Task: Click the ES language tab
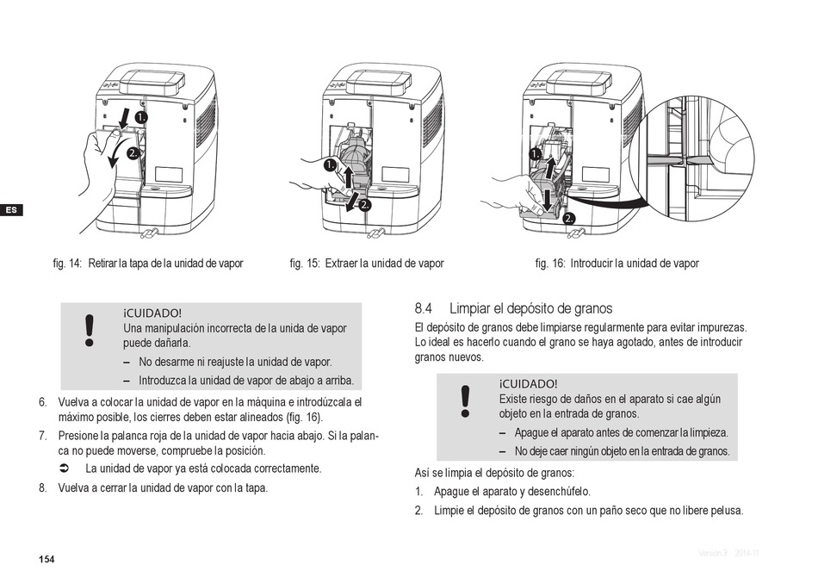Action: [x=10, y=210]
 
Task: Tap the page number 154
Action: [x=46, y=560]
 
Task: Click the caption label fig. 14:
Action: [x=67, y=264]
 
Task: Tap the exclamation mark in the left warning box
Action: [x=88, y=331]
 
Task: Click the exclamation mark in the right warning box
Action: [x=465, y=402]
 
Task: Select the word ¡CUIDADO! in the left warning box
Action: [x=153, y=313]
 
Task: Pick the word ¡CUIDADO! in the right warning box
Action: [x=528, y=384]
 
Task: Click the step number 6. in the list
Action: [x=42, y=402]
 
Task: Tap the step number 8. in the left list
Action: [x=42, y=487]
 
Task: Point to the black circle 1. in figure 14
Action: [x=139, y=115]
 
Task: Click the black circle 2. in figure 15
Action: [x=363, y=205]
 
